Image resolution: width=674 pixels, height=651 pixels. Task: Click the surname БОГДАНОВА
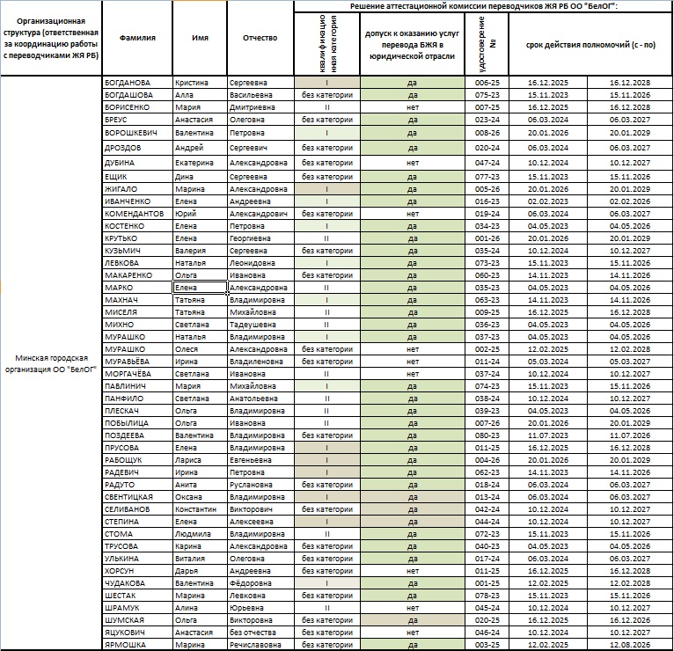(128, 83)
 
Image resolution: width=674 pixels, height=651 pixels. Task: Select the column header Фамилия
(138, 39)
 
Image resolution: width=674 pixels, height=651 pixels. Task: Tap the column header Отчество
(260, 39)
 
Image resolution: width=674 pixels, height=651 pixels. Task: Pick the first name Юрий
(186, 214)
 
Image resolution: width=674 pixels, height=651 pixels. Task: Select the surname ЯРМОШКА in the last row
(127, 644)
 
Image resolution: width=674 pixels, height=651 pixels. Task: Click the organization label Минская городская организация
(52, 363)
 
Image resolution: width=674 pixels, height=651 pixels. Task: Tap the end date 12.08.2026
(629, 644)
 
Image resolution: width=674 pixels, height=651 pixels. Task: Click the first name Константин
(194, 508)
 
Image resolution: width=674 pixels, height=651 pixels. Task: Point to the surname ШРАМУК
(123, 607)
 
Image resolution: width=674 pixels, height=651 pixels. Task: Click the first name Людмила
(192, 533)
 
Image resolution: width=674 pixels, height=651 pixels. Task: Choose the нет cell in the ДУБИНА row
(413, 164)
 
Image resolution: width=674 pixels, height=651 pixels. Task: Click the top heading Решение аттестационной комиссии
(483, 6)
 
